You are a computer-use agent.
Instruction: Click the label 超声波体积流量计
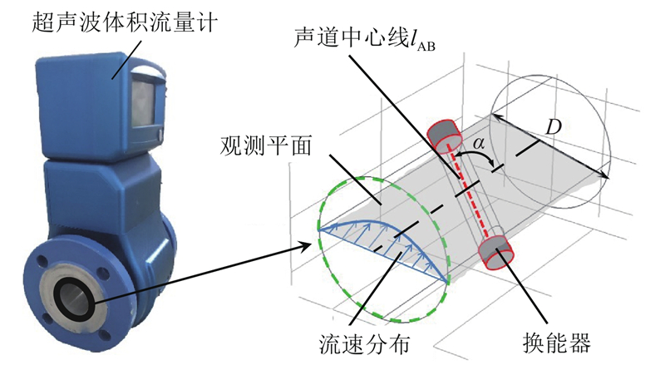pos(125,22)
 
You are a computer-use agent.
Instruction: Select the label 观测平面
pos(266,146)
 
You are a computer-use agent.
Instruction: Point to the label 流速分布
pos(364,343)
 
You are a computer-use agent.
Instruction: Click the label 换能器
pos(556,343)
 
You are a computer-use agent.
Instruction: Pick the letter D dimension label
pos(553,126)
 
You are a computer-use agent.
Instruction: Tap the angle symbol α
pos(478,142)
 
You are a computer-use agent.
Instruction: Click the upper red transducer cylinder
pos(444,134)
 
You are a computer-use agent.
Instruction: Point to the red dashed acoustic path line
pos(470,193)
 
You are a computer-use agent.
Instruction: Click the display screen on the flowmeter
pos(144,103)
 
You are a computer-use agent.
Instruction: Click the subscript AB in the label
pos(426,46)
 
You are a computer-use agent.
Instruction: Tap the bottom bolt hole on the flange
pos(105,333)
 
